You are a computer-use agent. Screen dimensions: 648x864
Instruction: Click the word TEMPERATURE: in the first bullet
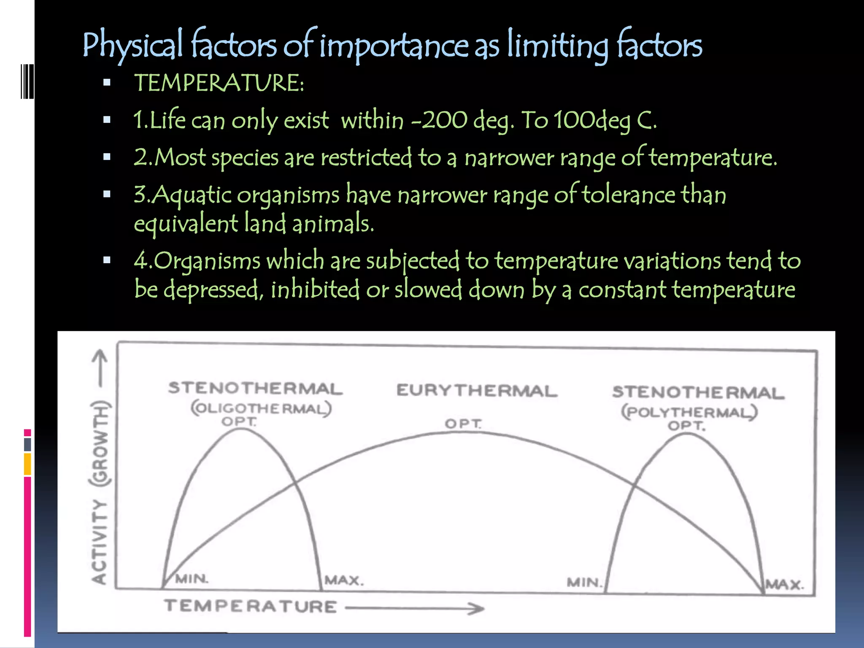pos(219,83)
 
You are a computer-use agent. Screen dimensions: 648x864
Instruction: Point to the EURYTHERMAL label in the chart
pos(477,391)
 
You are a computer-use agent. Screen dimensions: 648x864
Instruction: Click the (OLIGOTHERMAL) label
pos(261,408)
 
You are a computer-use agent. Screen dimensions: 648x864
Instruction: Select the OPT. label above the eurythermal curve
pos(463,423)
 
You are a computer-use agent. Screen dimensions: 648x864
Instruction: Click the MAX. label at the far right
pos(785,585)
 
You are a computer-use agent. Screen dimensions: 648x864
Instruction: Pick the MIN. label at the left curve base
pos(192,578)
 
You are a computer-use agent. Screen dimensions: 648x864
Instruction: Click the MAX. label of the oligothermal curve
pos(344,580)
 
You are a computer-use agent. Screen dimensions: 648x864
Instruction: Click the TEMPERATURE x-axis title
pos(251,607)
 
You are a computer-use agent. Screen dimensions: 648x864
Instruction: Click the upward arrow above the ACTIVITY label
pos(100,367)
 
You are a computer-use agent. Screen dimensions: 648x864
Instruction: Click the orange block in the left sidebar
pos(27,464)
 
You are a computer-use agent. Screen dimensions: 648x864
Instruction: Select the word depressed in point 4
pos(211,290)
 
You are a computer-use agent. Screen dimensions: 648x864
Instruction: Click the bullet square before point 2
pos(107,157)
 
